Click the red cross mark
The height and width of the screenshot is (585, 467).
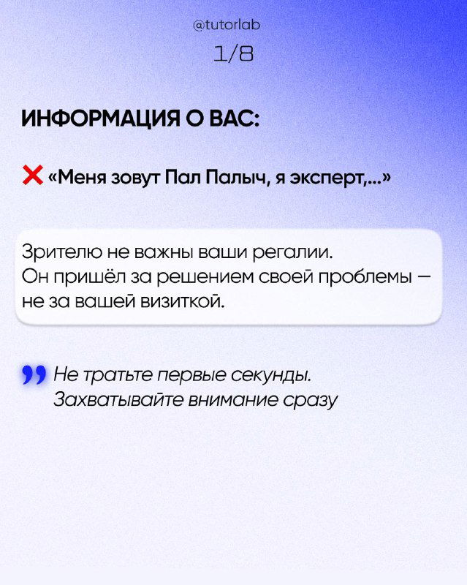pos(33,175)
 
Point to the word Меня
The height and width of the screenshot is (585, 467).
pos(80,177)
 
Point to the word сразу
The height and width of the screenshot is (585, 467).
pos(311,401)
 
